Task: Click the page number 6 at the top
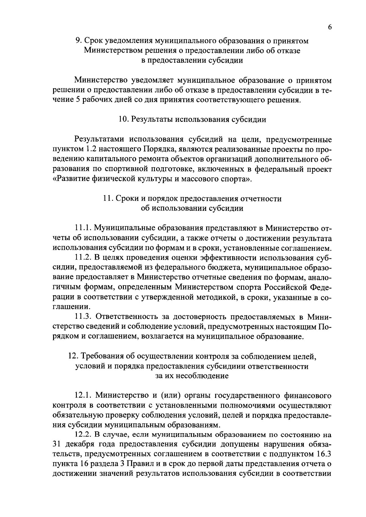click(330, 27)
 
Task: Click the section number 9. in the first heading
click(78, 41)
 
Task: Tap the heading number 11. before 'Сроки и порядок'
click(109, 199)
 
